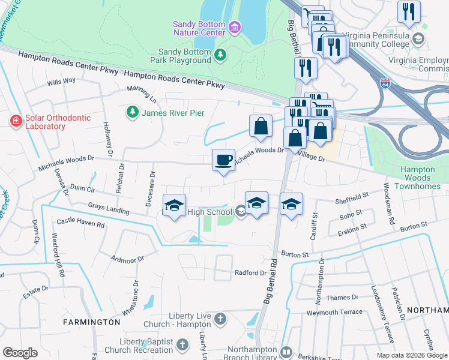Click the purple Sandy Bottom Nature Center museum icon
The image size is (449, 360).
tap(235, 26)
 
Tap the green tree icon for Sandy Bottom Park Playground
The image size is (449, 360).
tap(221, 55)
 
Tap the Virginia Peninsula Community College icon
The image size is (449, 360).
tap(418, 39)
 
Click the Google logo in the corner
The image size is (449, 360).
tap(20, 352)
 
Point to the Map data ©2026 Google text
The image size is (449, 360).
tap(412, 355)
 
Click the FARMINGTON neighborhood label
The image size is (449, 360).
tap(92, 322)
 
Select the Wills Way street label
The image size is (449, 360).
tap(61, 80)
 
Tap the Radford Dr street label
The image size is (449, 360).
tap(250, 272)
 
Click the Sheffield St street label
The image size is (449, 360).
tap(352, 197)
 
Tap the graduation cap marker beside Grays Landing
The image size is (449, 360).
tap(174, 206)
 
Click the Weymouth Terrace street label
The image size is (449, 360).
tap(334, 312)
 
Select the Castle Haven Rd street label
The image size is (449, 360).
tap(80, 224)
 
